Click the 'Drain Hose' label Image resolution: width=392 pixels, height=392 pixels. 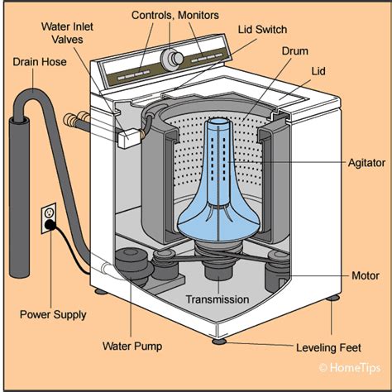coord(40,62)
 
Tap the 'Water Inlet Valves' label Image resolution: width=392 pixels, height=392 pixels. coord(67,33)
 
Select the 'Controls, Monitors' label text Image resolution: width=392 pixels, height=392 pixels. coord(175,15)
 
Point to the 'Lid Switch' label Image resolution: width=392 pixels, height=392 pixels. coord(262,30)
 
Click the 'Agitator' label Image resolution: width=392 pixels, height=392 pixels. coord(366,163)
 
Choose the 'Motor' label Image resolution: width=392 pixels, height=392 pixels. coord(366,275)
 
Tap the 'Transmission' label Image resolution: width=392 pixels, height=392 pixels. coord(218,299)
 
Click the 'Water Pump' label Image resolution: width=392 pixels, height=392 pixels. coord(132,347)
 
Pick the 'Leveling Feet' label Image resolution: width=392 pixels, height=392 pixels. coord(328,347)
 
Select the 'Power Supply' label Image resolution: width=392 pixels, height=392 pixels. coord(53,314)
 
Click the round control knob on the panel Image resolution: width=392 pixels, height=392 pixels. coord(172,59)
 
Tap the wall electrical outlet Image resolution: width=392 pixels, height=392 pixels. coord(49,218)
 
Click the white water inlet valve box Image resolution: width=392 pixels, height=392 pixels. coord(129,138)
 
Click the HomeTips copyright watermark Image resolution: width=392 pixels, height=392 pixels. coord(350,368)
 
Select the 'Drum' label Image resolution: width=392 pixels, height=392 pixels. coord(295,51)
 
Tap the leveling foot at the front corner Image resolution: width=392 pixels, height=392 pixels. coord(219,342)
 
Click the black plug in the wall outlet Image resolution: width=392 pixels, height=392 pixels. coord(50,225)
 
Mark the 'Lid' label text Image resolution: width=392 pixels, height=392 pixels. coord(318,71)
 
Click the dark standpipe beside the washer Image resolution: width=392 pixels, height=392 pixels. coord(19,197)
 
